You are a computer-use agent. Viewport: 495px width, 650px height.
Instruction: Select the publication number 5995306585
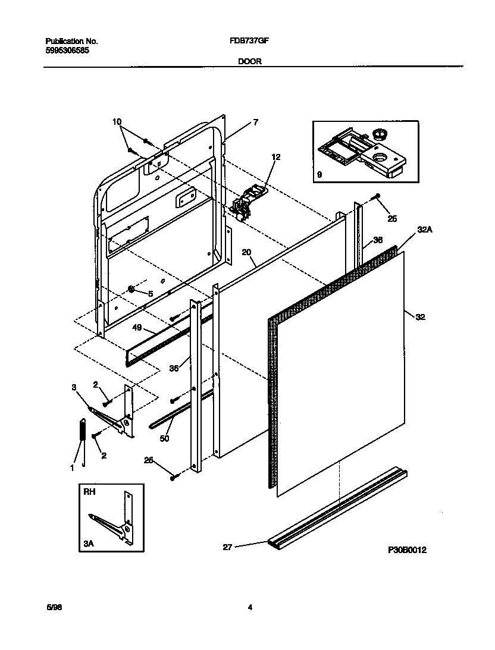tap(68, 51)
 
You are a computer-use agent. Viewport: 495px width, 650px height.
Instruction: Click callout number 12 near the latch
tap(275, 158)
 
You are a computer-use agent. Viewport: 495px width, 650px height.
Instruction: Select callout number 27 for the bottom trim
tap(227, 547)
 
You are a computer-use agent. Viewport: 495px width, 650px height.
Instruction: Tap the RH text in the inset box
tap(88, 493)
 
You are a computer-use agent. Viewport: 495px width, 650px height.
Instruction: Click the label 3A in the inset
tap(89, 543)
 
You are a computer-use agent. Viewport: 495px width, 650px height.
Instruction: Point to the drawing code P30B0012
tap(407, 550)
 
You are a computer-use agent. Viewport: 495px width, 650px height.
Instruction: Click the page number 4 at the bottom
tap(250, 607)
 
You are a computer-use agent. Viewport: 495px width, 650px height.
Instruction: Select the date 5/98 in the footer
tap(54, 607)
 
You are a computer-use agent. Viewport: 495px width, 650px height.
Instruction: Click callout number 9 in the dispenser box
tap(319, 175)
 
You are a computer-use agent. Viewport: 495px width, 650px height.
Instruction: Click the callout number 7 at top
tap(255, 122)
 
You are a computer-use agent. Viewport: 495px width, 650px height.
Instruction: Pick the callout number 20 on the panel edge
tap(246, 252)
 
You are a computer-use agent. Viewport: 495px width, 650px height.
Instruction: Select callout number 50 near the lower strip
tap(165, 438)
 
